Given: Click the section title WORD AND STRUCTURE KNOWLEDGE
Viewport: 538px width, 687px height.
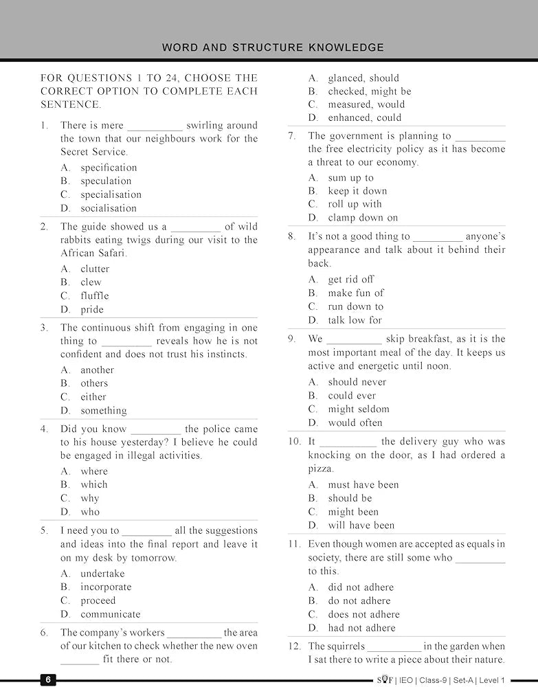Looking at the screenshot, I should coord(273,47).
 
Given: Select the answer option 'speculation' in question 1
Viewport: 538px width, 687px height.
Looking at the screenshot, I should coord(105,181).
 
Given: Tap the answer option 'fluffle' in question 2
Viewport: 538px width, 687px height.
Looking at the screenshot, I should coord(94,296).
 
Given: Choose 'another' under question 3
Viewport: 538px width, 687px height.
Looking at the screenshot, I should coord(97,370).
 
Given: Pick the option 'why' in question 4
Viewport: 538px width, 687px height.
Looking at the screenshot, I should coord(89,498).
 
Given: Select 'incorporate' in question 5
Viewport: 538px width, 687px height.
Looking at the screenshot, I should coord(105,587).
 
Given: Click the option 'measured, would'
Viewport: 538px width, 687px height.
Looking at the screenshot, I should coord(366,104).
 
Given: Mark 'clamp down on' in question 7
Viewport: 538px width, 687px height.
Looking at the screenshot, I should coord(362,218).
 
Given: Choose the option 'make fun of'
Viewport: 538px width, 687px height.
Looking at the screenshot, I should coord(355,293).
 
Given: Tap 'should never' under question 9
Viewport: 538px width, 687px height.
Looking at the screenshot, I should coord(357,382).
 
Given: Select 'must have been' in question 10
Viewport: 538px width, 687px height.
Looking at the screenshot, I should coord(363,485).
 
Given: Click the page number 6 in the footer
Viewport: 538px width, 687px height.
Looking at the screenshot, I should coord(48,679).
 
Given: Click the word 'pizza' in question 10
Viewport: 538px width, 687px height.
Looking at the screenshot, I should coord(320,469).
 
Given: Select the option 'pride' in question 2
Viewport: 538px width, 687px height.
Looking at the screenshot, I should coord(91,310).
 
